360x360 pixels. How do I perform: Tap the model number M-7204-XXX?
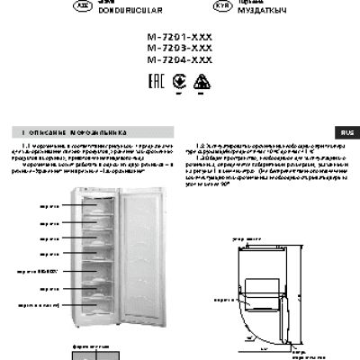pos(179,61)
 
